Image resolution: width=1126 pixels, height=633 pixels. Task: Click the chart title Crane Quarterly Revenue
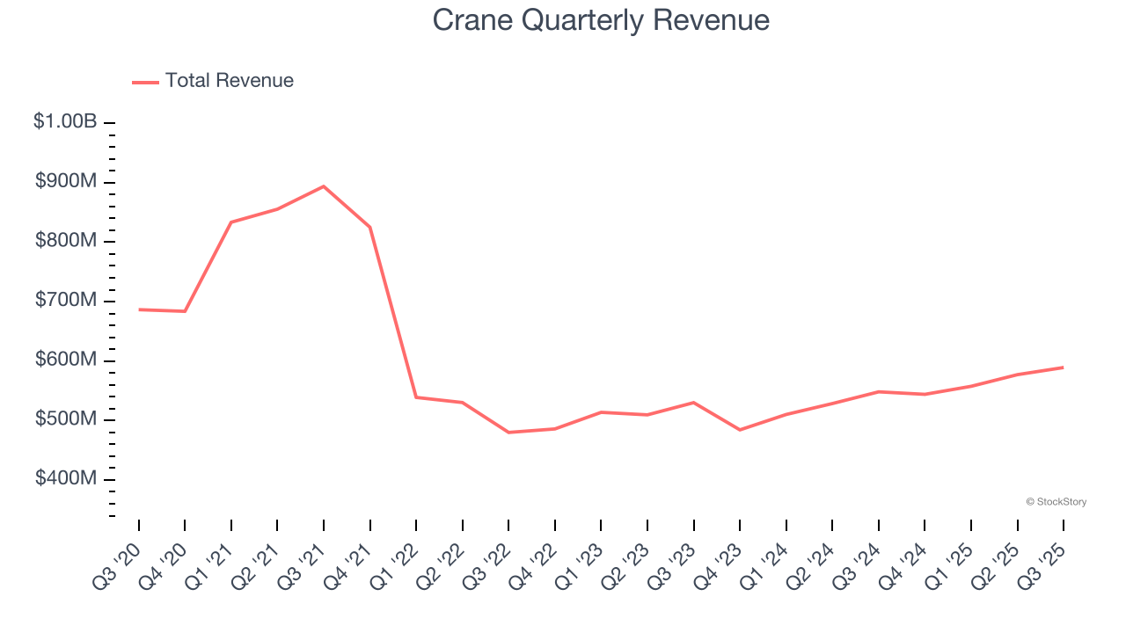coord(601,20)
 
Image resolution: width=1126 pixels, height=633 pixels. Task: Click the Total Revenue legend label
coord(229,81)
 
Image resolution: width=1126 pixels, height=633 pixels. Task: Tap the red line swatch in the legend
coord(145,82)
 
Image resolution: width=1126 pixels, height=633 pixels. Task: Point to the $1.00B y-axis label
coord(65,122)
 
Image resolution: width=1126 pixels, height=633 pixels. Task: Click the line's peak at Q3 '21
coord(324,186)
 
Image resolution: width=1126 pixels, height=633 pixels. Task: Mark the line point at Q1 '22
coord(416,397)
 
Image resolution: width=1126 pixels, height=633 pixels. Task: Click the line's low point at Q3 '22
coord(508,433)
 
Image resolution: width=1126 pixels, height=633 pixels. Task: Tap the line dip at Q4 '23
coord(740,430)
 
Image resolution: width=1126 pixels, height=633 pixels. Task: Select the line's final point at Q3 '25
coord(1064,367)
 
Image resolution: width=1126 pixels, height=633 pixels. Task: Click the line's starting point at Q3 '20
coord(139,309)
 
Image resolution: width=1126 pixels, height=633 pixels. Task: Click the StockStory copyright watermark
coord(1056,502)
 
